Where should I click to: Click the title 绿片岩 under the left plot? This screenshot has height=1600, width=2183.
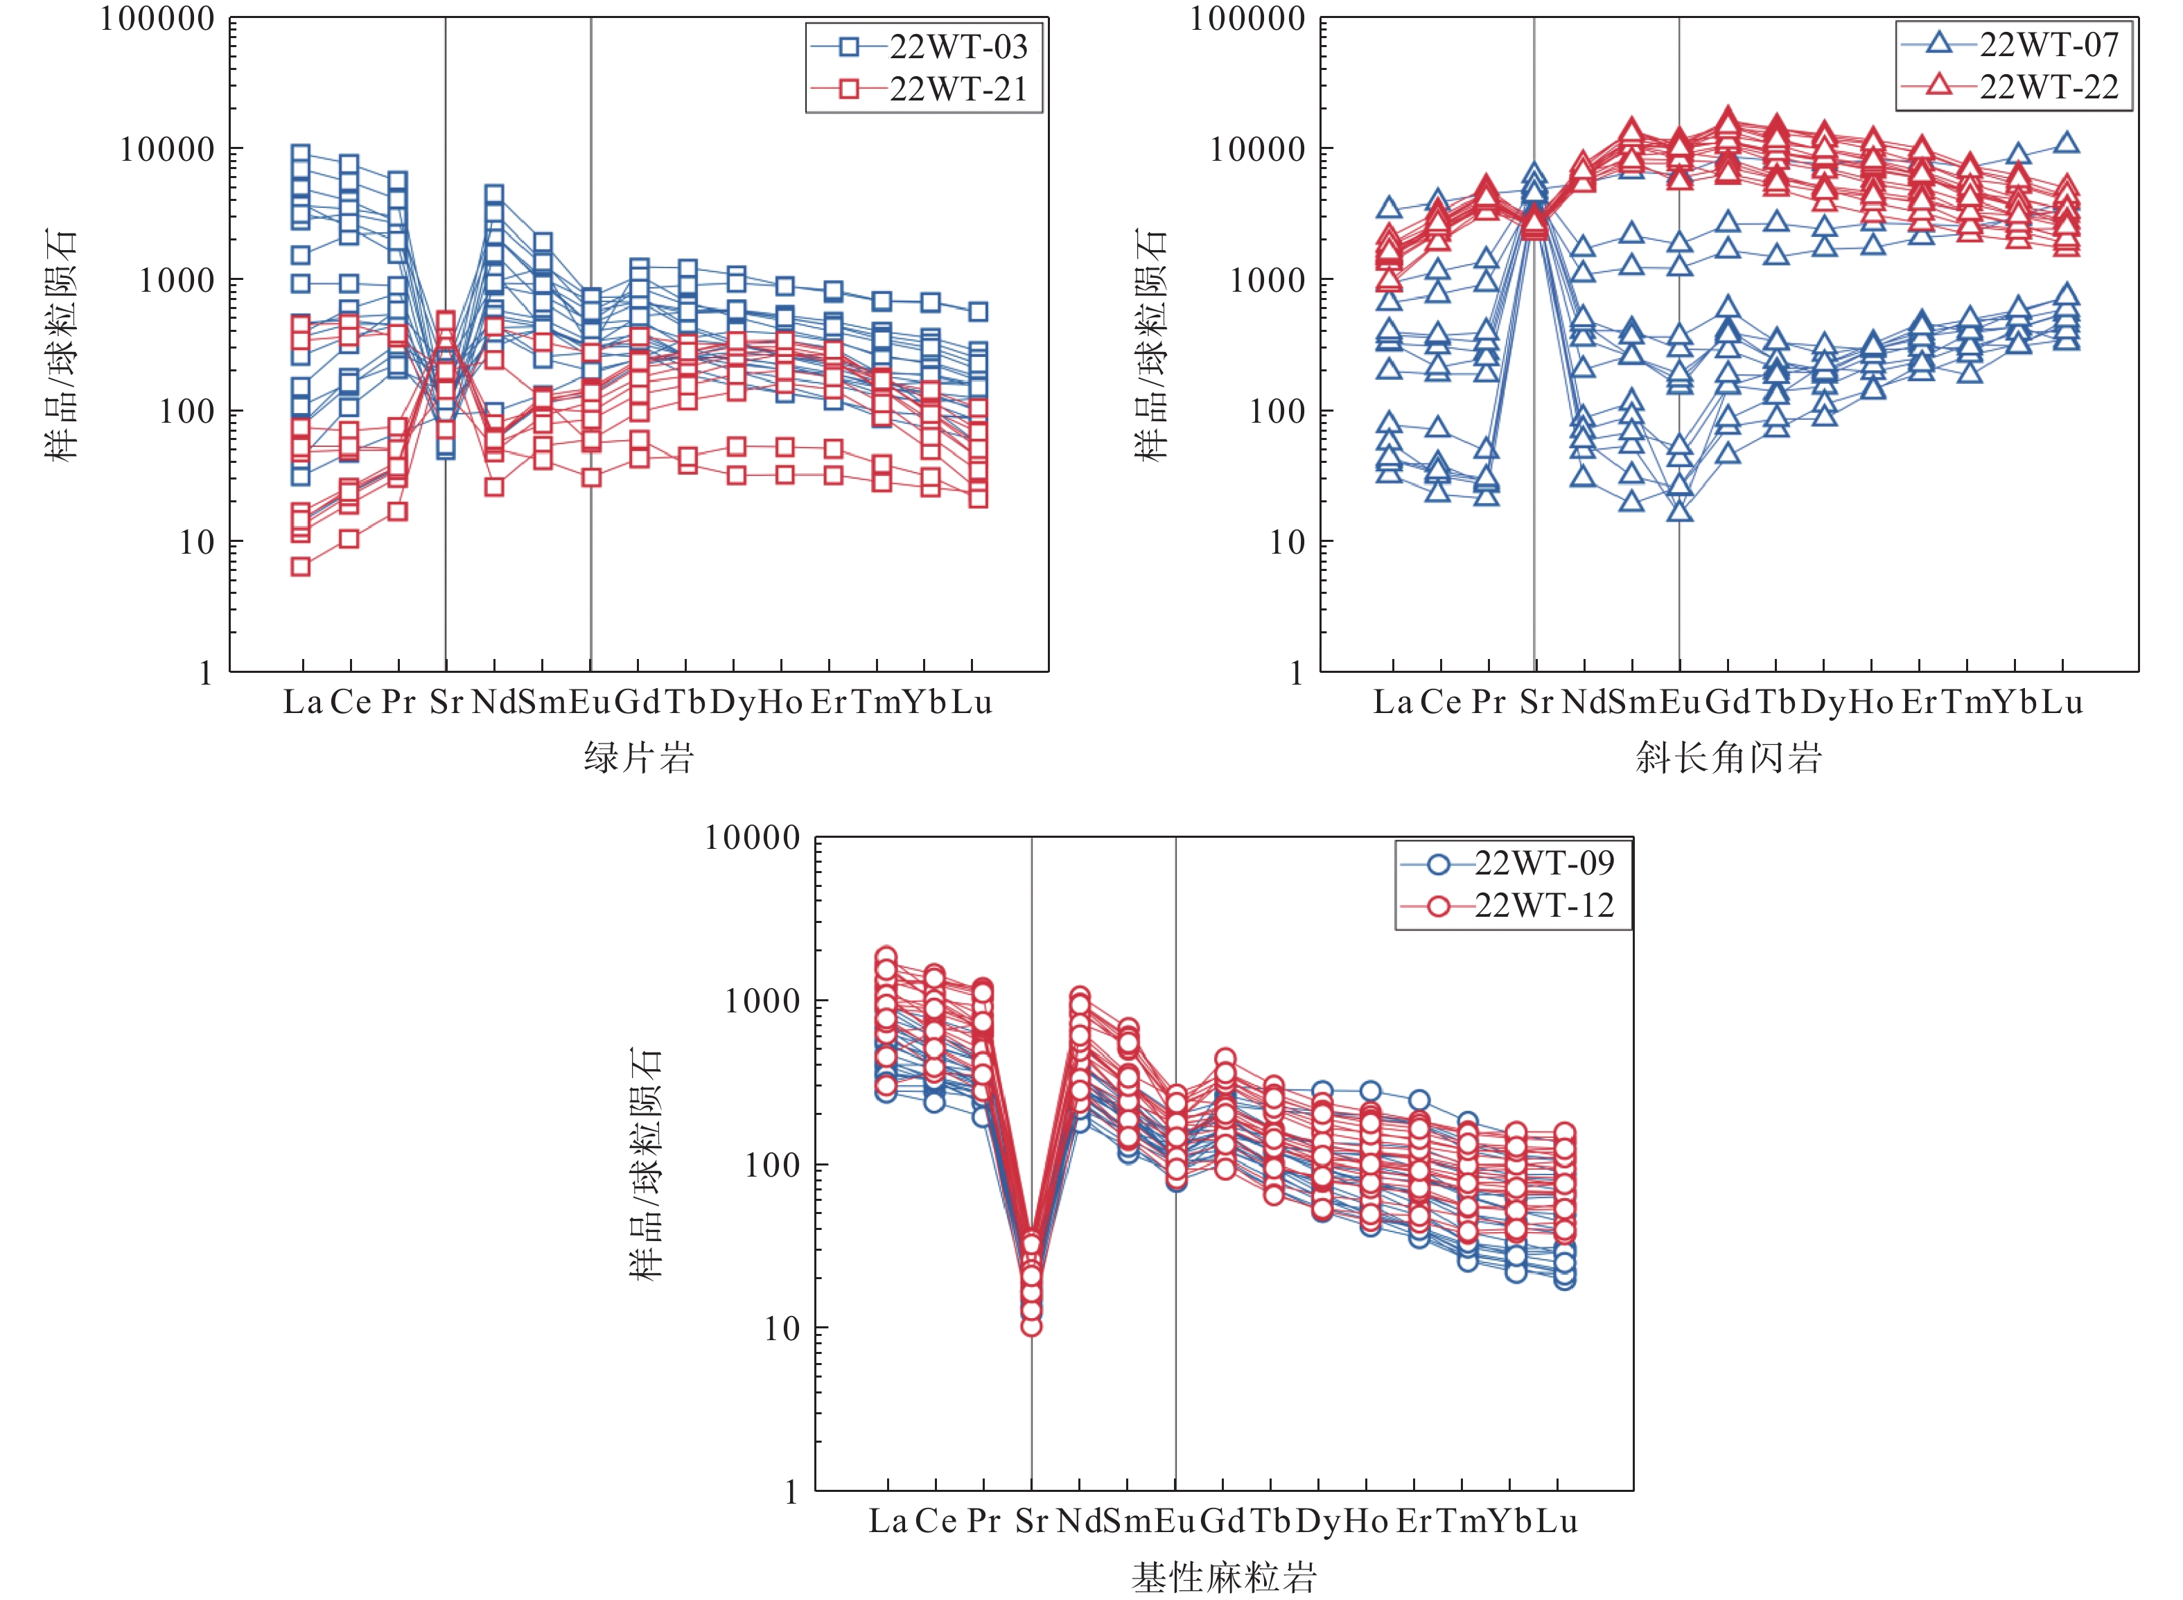pos(639,757)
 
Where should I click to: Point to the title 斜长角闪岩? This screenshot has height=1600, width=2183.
pos(1729,757)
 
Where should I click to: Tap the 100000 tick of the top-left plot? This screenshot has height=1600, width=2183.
pos(158,19)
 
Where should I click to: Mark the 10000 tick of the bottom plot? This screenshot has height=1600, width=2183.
pos(753,838)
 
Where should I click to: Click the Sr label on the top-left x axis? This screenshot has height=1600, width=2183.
pos(446,702)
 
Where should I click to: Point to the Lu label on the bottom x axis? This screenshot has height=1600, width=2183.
pos(1557,1522)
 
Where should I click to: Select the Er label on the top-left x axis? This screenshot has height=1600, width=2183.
pos(829,702)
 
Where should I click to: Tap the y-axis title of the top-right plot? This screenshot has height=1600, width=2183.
pos(1152,346)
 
